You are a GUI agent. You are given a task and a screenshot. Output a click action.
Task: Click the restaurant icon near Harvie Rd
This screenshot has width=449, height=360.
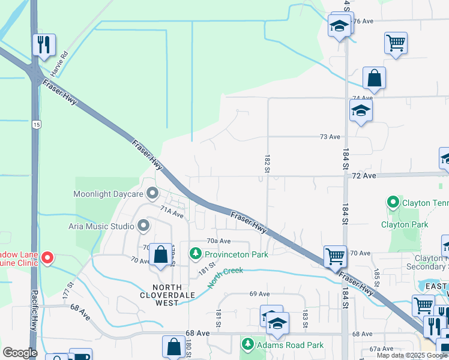(44, 45)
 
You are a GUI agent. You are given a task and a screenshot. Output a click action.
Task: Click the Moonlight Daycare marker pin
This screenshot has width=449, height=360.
(152, 194)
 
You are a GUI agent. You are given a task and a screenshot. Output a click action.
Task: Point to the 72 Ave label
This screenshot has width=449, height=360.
(364, 176)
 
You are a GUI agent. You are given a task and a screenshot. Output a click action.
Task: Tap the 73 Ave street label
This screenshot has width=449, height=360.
(330, 137)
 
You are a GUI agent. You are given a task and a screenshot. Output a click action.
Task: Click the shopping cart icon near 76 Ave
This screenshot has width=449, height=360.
(396, 43)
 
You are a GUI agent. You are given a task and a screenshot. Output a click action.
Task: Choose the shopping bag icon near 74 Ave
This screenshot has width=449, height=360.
(374, 78)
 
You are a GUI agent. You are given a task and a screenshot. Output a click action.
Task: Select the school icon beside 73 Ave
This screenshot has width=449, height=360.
(361, 110)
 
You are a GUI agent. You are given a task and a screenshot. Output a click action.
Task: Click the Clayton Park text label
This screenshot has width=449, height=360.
(405, 224)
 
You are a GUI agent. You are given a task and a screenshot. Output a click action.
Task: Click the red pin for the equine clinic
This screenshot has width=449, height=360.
(47, 258)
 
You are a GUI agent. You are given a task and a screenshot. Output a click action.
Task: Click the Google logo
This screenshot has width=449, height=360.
(20, 353)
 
